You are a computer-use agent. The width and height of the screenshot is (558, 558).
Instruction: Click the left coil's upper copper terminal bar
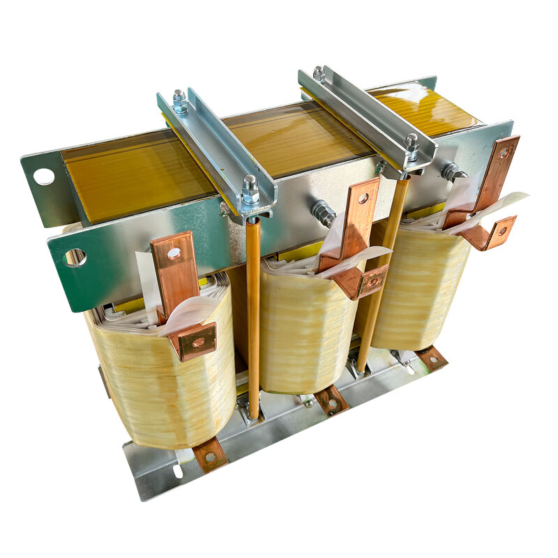click(174, 269)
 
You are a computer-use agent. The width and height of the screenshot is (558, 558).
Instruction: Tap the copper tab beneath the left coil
click(210, 453)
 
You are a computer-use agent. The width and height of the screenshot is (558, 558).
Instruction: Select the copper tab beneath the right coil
click(432, 357)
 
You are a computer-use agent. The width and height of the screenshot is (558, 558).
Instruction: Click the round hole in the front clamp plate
click(75, 257)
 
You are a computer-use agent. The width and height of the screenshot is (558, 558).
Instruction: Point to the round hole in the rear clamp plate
click(44, 176)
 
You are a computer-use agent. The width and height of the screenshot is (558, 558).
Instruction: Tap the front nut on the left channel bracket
click(250, 189)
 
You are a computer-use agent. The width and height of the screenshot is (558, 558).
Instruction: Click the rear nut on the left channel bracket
click(180, 101)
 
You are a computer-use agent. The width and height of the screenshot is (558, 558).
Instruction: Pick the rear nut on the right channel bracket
click(319, 73)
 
